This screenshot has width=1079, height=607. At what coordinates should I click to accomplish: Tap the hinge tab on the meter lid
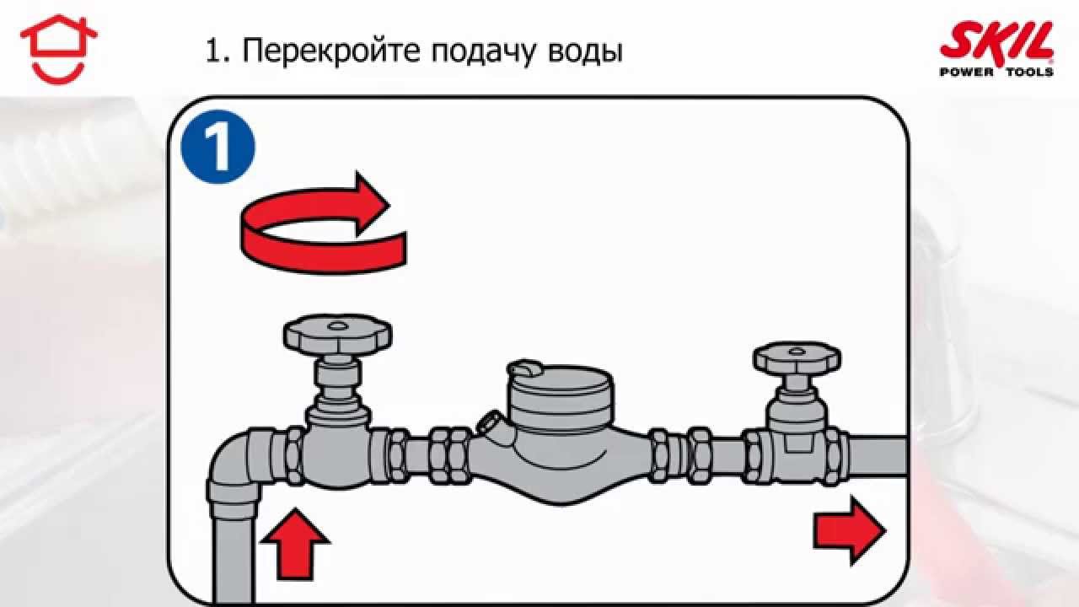click(x=523, y=369)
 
